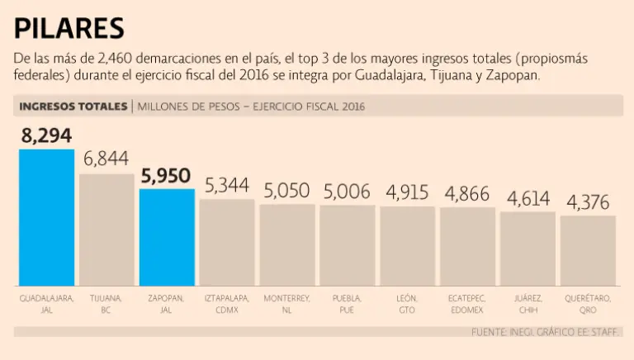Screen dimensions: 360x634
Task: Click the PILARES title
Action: (x=69, y=29)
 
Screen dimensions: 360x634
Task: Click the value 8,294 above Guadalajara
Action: (x=47, y=135)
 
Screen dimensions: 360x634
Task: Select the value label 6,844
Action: (x=106, y=159)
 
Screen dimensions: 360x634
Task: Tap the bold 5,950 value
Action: (x=166, y=176)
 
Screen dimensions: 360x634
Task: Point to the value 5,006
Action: (x=347, y=192)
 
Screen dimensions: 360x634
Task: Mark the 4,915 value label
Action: (x=407, y=192)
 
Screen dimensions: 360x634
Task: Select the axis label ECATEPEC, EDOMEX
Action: (x=467, y=303)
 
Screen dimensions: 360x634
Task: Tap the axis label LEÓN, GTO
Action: (x=407, y=303)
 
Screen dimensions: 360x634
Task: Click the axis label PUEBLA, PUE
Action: (x=347, y=303)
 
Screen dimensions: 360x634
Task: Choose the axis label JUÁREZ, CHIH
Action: (x=528, y=303)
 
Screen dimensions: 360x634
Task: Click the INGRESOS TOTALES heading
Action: (x=72, y=107)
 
